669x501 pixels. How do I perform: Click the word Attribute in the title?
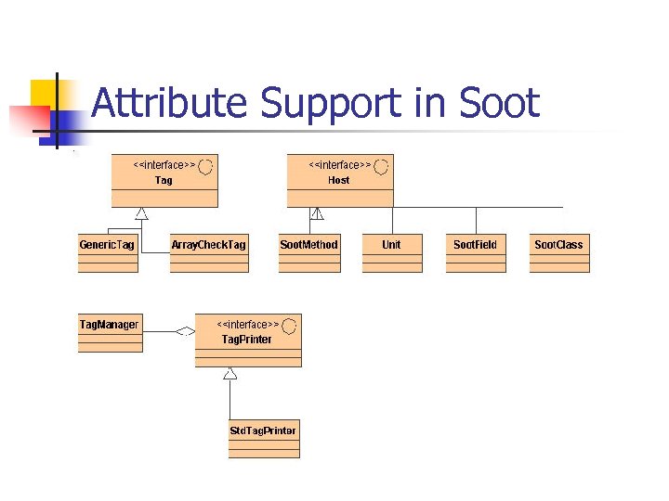[x=170, y=103]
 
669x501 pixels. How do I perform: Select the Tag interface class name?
[x=164, y=180]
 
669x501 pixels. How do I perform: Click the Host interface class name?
[x=338, y=180]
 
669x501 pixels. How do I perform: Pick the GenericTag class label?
[x=107, y=245]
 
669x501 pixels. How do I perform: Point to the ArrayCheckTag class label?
[x=209, y=245]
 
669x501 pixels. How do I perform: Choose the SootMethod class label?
[x=309, y=245]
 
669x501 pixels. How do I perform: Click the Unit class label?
[x=391, y=245]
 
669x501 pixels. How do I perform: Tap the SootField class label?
[x=475, y=245]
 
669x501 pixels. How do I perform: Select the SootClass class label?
[x=558, y=245]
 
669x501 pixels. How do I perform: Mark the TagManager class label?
[x=110, y=325]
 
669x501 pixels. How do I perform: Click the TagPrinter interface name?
[x=247, y=340]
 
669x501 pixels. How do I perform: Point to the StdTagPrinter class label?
[x=264, y=430]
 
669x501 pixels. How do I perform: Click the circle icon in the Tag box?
[x=205, y=166]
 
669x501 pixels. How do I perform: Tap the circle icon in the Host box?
[x=381, y=166]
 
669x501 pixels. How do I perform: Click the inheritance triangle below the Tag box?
[x=141, y=214]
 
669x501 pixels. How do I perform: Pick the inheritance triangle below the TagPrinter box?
[x=230, y=373]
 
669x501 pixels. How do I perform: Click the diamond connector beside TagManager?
[x=186, y=330]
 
